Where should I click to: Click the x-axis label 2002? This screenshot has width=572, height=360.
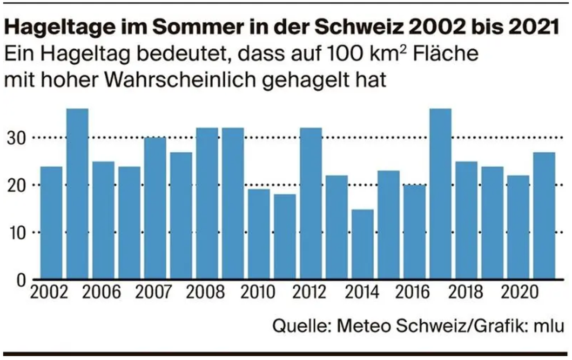tap(49, 292)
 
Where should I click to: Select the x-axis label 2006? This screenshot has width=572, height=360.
tap(101, 292)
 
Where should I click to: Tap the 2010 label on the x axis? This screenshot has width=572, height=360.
tap(258, 292)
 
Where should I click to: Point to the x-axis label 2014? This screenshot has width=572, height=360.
tap(362, 292)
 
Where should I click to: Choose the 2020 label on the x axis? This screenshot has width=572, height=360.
tap(519, 292)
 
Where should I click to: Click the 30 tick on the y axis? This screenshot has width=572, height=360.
tap(17, 138)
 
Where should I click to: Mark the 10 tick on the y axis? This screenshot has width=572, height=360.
tap(17, 233)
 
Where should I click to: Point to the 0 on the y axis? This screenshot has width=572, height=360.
tap(21, 280)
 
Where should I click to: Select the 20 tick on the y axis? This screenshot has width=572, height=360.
tap(17, 185)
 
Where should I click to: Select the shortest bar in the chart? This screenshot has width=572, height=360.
tap(362, 244)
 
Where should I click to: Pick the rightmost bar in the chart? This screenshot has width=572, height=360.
tap(544, 216)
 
